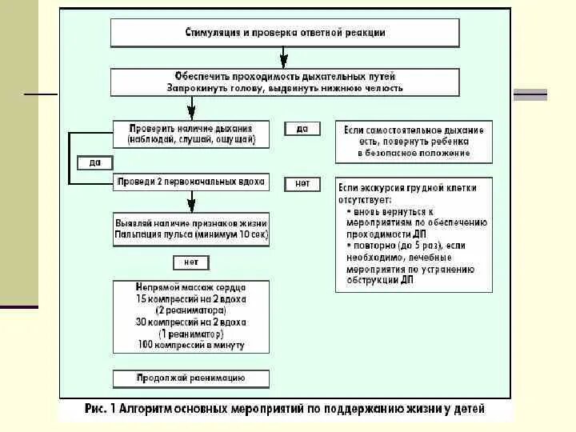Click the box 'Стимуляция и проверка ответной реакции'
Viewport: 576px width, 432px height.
[x=285, y=33]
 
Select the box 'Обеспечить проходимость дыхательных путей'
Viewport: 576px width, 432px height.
[x=285, y=82]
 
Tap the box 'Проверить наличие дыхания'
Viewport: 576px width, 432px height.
[x=190, y=134]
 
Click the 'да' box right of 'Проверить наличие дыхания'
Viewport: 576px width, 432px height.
[x=302, y=129]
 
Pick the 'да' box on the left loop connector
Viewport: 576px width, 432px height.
[x=95, y=162]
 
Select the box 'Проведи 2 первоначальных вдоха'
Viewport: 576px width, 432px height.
[x=190, y=182]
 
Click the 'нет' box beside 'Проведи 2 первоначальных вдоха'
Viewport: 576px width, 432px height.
[x=302, y=183]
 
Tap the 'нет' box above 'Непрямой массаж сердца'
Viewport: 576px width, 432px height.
[x=190, y=262]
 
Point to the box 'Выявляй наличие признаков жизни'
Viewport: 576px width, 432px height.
[x=190, y=229]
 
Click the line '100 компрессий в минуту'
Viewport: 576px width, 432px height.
[x=190, y=345]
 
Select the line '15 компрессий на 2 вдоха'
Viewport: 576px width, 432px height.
[x=190, y=298]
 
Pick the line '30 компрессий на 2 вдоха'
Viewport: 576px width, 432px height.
[x=190, y=322]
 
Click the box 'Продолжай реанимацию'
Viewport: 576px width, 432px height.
[x=190, y=378]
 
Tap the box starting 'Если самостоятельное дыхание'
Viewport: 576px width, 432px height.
[x=414, y=141]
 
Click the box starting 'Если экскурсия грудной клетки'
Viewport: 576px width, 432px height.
[x=414, y=234]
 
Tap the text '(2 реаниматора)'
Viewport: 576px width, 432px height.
[x=190, y=310]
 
